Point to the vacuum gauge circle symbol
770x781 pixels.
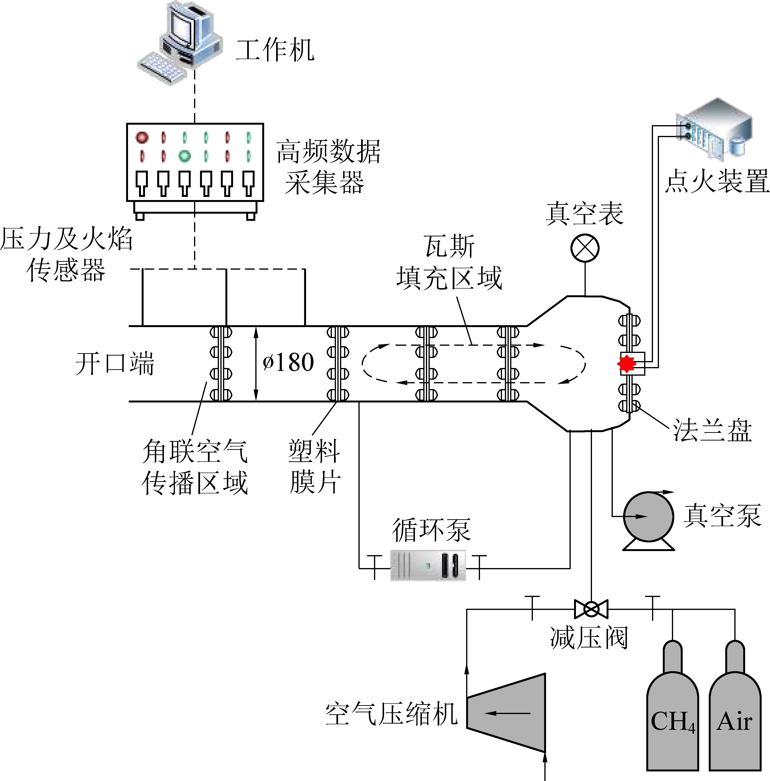pyautogui.click(x=585, y=248)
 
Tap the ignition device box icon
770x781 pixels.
pyautogui.click(x=715, y=128)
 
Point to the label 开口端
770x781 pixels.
pyautogui.click(x=115, y=363)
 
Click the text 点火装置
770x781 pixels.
pyautogui.click(x=717, y=181)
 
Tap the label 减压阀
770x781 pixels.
pyautogui.click(x=589, y=638)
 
